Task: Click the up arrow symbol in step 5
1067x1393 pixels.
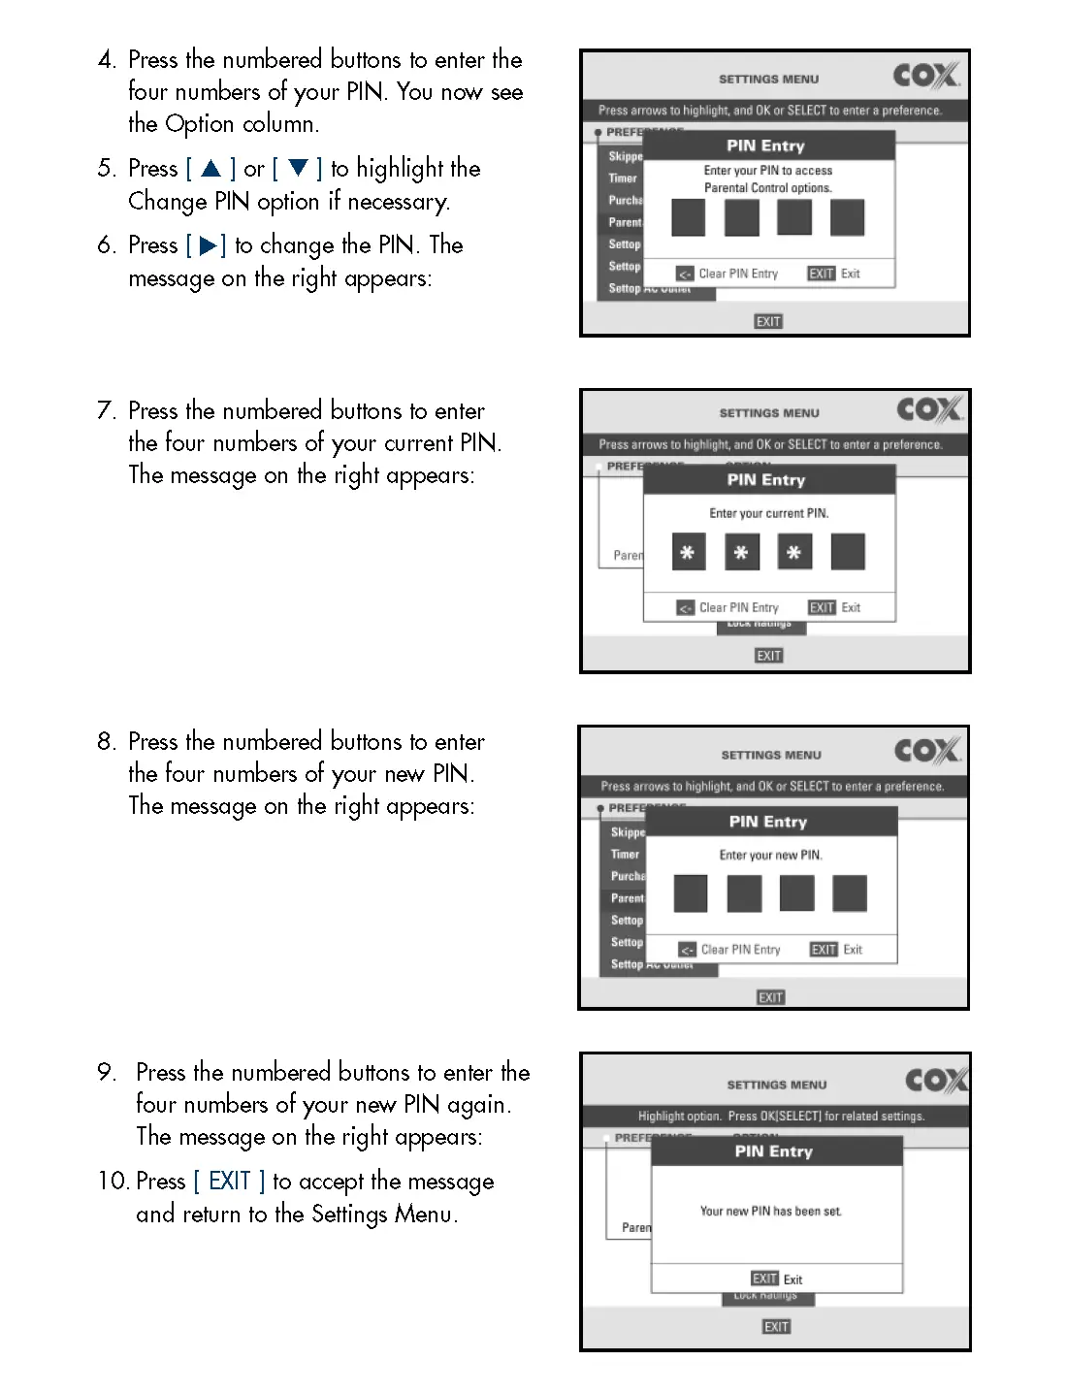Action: (x=210, y=169)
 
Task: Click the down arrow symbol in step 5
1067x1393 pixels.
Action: (x=298, y=169)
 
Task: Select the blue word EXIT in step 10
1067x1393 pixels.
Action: (x=230, y=1181)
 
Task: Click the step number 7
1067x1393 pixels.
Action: (x=107, y=410)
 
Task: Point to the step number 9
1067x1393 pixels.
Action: (x=107, y=1072)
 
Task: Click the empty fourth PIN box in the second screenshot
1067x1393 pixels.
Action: (x=848, y=552)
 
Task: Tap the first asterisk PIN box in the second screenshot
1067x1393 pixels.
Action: (x=688, y=552)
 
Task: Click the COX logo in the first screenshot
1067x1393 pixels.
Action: (x=926, y=75)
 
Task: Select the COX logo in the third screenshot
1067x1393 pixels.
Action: (x=927, y=750)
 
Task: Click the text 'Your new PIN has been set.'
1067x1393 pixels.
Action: (x=771, y=1211)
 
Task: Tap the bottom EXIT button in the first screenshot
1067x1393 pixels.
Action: (x=768, y=321)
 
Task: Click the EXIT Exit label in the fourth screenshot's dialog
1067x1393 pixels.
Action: (x=777, y=1279)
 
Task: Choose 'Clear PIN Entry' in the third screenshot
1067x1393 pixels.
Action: (x=739, y=950)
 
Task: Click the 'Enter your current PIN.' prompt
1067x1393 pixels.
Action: (x=769, y=513)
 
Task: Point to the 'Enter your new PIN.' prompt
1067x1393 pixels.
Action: (x=770, y=855)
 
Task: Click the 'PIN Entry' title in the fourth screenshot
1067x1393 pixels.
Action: (x=773, y=1151)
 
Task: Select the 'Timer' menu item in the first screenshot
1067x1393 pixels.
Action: (x=623, y=178)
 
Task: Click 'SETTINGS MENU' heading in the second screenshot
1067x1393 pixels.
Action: (x=769, y=413)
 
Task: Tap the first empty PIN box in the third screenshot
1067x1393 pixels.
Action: (x=691, y=893)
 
